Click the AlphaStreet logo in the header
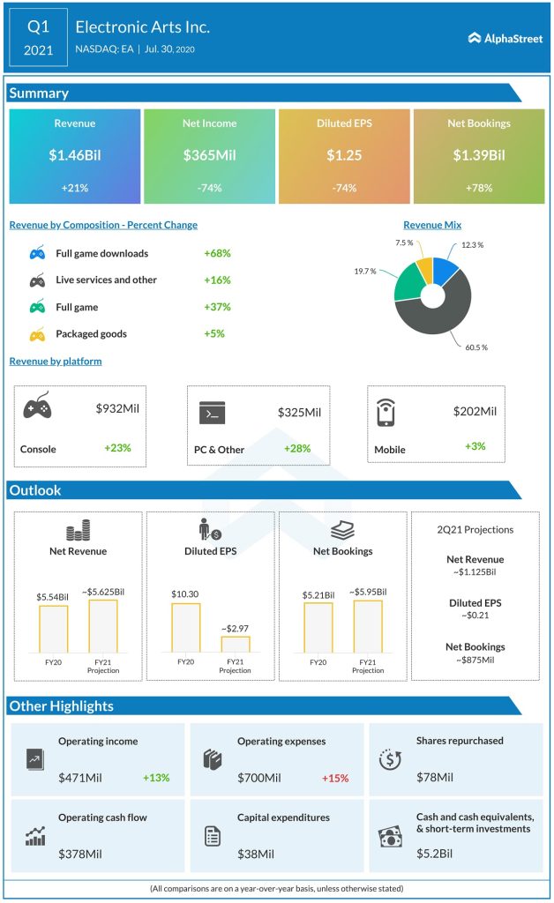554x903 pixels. (505, 38)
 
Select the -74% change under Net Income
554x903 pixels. (209, 188)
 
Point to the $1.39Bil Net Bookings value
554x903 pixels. (478, 156)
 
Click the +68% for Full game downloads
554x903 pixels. (217, 253)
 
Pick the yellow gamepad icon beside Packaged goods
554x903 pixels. (38, 334)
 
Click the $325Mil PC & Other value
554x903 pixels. (299, 412)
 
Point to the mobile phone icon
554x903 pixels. (386, 412)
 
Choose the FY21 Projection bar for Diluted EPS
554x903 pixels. (235, 644)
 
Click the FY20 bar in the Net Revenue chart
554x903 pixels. (53, 628)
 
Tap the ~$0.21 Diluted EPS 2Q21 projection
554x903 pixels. (475, 615)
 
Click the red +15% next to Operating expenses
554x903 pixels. (334, 778)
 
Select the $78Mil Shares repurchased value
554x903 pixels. (435, 777)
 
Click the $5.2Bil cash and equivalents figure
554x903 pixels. (435, 853)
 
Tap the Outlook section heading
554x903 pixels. (35, 490)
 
